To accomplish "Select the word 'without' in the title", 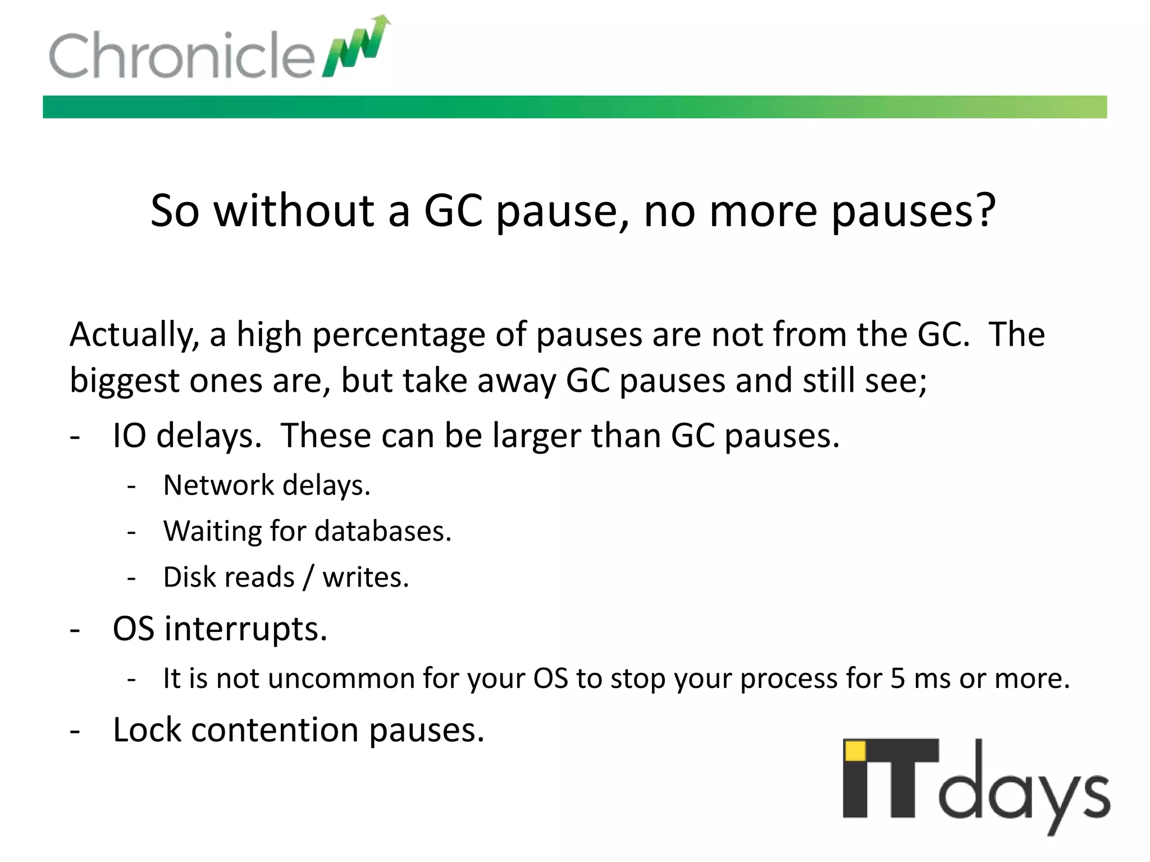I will (x=294, y=210).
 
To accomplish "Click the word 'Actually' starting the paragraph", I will (x=134, y=335).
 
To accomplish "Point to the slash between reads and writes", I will (x=308, y=577).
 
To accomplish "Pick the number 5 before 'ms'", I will (x=898, y=678).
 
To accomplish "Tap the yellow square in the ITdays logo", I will (x=855, y=751).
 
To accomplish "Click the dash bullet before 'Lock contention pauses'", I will (x=75, y=731).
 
